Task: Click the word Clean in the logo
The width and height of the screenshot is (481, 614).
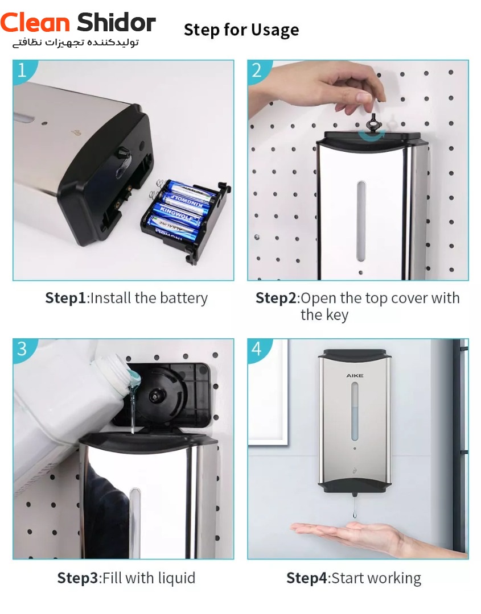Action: (x=35, y=22)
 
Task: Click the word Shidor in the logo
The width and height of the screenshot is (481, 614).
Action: (x=117, y=22)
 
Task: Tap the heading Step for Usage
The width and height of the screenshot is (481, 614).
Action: (x=241, y=30)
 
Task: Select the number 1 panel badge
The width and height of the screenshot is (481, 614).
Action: (x=22, y=70)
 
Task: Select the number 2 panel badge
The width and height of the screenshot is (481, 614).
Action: (x=257, y=70)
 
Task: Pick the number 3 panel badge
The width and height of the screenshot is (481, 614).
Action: (x=22, y=349)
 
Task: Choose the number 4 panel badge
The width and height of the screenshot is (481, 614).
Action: (x=257, y=349)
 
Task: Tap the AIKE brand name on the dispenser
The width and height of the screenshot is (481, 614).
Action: (x=355, y=376)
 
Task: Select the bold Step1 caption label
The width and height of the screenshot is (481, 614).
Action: (x=65, y=298)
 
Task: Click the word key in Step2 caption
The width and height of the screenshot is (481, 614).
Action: (x=336, y=315)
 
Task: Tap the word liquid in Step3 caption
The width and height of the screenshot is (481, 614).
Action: (x=176, y=578)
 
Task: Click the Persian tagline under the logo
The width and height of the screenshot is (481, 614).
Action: (x=76, y=42)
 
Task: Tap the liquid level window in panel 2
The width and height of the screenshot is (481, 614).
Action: (x=361, y=221)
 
